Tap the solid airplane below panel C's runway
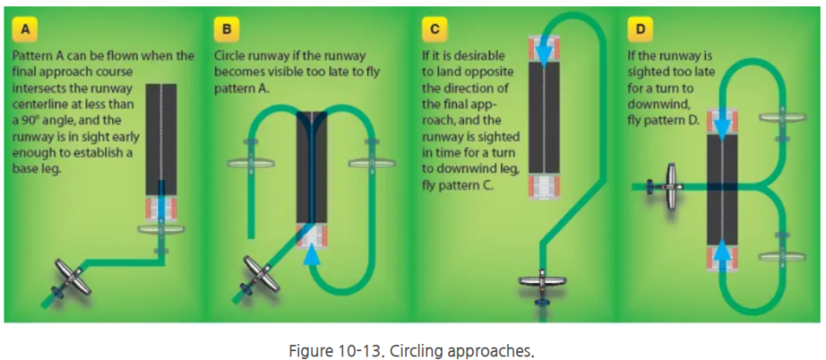tap(541, 284)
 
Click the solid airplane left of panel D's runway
tap(670, 185)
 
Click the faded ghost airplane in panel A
tap(161, 229)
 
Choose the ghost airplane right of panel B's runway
tap(372, 161)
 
